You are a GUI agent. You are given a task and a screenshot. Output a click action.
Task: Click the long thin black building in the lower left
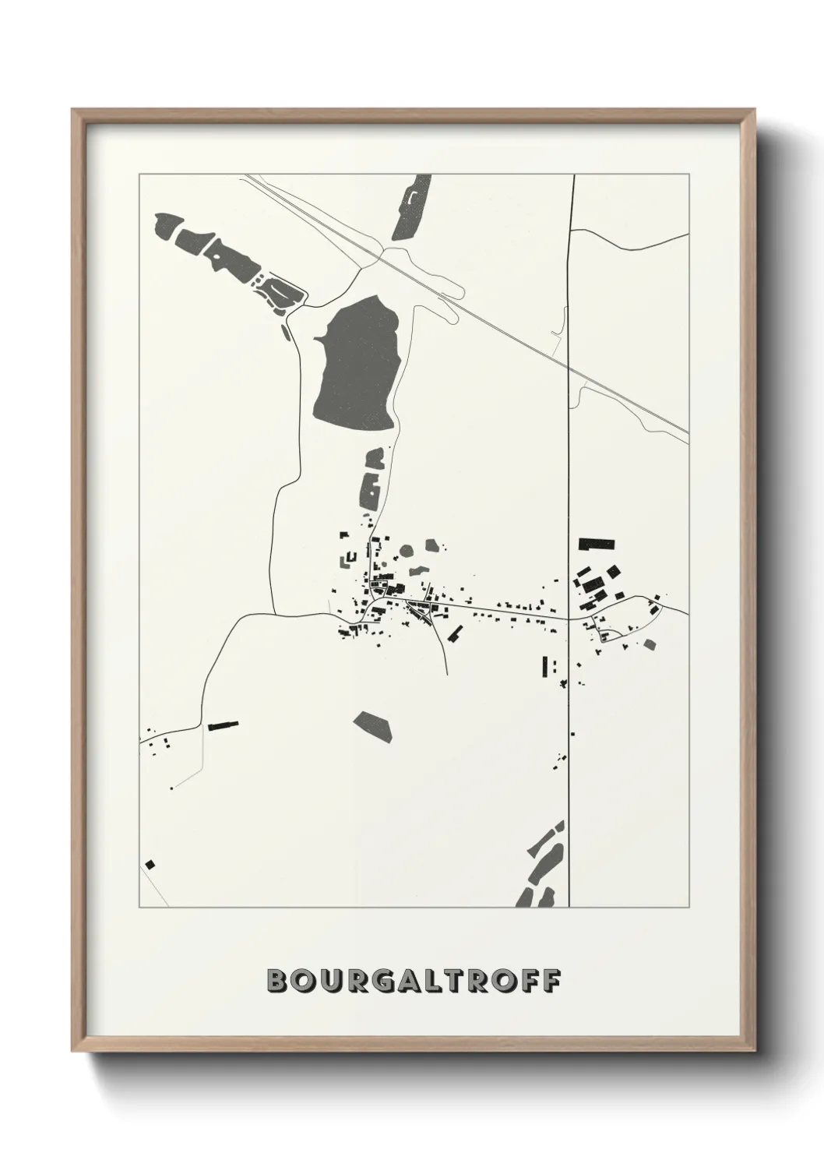pyautogui.click(x=223, y=725)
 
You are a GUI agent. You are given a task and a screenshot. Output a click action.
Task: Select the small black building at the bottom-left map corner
pyautogui.click(x=150, y=864)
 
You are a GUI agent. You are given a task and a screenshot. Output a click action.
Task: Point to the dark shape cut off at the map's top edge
pyautogui.click(x=413, y=206)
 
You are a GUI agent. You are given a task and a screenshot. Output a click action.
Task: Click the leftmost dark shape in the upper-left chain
pyautogui.click(x=167, y=225)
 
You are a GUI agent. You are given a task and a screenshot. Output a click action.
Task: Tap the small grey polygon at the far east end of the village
pyautogui.click(x=650, y=643)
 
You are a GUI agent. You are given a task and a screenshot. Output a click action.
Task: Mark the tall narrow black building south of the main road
pyautogui.click(x=545, y=665)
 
